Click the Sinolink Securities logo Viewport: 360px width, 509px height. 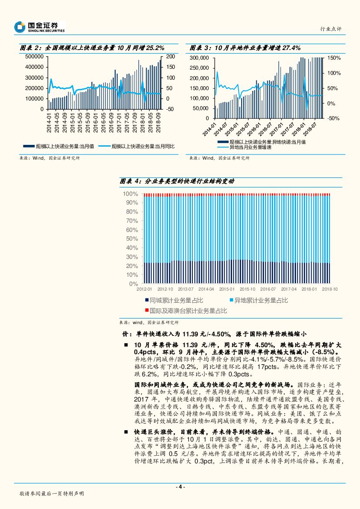coord(40,27)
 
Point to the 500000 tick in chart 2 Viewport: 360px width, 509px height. coord(34,57)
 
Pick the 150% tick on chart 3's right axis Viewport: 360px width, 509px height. coord(334,58)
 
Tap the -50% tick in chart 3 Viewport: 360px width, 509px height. coord(334,118)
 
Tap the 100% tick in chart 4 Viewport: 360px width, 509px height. coord(131,193)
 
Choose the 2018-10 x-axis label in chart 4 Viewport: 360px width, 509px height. coord(330,289)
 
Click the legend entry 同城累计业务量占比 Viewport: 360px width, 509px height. coord(176,301)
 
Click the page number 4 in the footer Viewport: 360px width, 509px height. coord(180,486)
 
